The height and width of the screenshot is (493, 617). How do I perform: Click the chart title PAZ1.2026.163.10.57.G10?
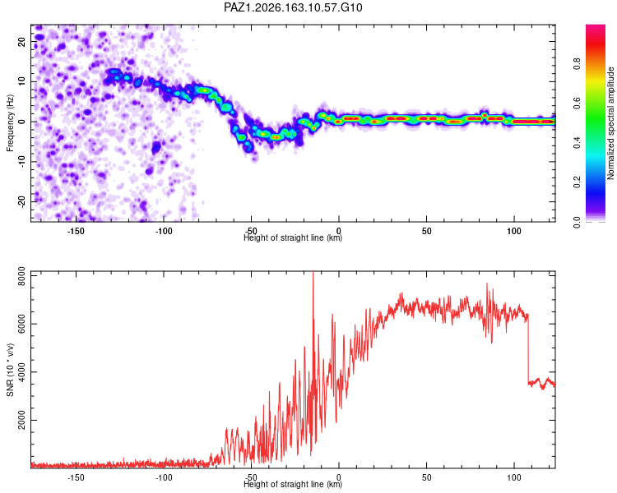[x=293, y=7]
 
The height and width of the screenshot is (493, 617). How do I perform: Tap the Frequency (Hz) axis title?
[x=10, y=123]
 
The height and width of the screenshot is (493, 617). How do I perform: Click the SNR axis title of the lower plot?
[x=10, y=370]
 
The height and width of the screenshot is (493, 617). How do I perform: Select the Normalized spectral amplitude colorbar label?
[x=610, y=123]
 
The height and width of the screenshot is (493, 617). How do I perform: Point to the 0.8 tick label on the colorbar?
[x=577, y=63]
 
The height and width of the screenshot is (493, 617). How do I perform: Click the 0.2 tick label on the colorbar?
[x=577, y=182]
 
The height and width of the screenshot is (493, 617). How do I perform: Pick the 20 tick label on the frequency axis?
[x=21, y=41]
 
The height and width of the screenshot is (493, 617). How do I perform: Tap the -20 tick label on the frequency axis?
[x=21, y=201]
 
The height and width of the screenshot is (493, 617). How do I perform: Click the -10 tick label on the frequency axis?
[x=21, y=161]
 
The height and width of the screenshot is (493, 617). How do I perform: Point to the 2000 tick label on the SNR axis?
[x=21, y=420]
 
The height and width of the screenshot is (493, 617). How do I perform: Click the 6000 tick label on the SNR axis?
[x=21, y=324]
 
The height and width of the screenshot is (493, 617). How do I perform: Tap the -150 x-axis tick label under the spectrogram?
[x=76, y=231]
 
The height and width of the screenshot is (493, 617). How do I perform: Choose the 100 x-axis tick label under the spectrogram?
[x=514, y=231]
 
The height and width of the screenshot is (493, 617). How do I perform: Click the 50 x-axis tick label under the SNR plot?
[x=426, y=477]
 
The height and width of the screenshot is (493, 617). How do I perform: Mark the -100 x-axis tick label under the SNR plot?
[x=164, y=477]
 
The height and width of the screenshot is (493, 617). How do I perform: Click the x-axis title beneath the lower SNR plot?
[x=293, y=484]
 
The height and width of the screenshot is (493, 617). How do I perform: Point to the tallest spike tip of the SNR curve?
[x=313, y=272]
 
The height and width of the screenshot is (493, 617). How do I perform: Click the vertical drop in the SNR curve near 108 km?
[x=528, y=348]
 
